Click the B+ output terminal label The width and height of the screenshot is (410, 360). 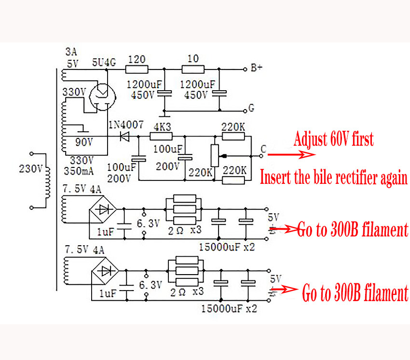pos(256,68)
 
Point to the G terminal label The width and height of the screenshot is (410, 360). pos(251,108)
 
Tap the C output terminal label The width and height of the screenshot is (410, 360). pos(263,150)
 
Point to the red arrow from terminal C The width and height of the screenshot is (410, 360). pos(292,155)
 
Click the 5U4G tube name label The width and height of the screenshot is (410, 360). pos(104,62)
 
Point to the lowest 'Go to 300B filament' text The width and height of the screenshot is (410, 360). pos(355,293)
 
